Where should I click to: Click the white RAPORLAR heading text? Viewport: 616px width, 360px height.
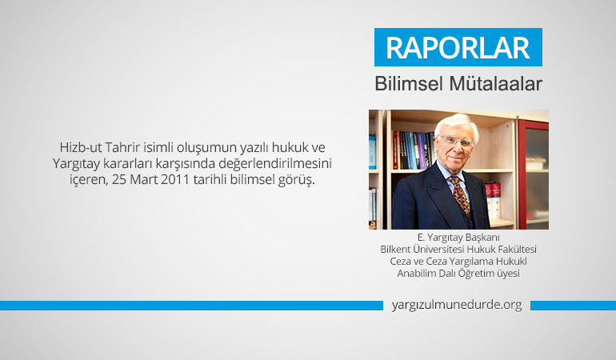click(458, 47)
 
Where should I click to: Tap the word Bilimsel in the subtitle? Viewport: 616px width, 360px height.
click(409, 84)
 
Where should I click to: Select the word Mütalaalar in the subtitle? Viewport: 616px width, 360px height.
click(495, 84)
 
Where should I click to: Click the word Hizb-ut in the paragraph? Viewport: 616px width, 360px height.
click(81, 147)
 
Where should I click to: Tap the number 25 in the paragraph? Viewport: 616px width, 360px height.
click(119, 180)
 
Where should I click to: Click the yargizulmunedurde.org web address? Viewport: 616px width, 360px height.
click(457, 305)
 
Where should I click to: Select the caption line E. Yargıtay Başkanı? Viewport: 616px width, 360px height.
click(458, 238)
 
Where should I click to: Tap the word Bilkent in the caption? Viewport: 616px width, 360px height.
click(395, 249)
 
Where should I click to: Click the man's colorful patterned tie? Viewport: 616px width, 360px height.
click(461, 195)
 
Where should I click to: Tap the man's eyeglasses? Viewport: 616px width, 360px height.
click(458, 141)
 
